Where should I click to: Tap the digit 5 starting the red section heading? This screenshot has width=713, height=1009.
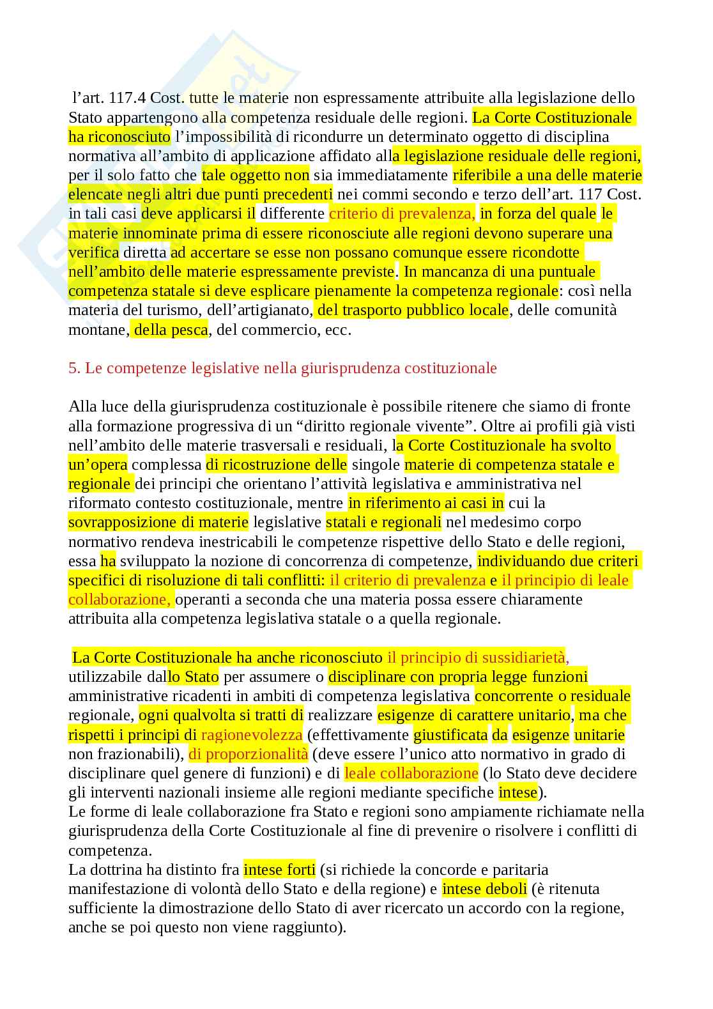click(x=72, y=368)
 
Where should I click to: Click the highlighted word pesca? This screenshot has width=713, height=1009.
click(x=189, y=330)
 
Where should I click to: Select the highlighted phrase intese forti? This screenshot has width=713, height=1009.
click(x=279, y=870)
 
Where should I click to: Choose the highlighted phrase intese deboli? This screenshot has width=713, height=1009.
click(x=484, y=889)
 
